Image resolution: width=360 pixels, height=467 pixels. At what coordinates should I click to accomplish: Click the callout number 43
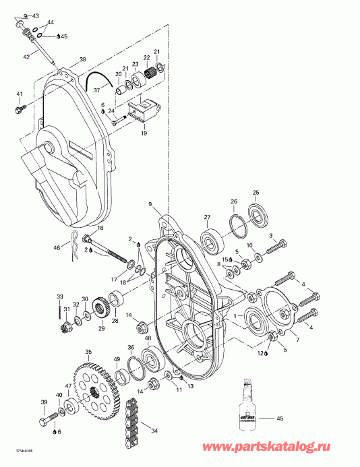[35, 15]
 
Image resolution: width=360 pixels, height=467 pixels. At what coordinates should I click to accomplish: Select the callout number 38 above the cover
[82, 59]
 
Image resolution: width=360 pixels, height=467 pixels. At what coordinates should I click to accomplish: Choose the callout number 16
[100, 229]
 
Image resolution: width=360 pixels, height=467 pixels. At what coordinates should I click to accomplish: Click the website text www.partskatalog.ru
[299, 447]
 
